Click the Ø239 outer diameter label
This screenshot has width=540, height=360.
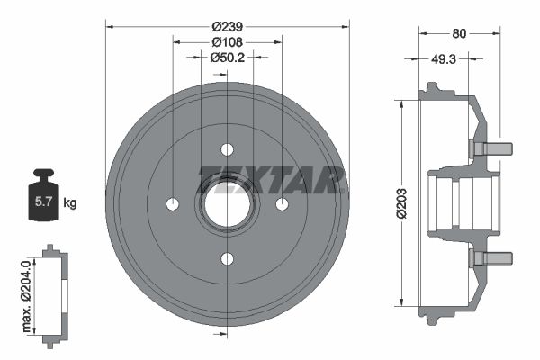[x=227, y=27]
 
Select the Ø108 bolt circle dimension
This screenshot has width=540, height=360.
[x=227, y=41]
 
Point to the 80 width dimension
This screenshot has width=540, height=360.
[x=460, y=35]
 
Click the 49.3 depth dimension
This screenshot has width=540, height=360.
[x=443, y=60]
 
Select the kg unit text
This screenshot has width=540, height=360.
[x=70, y=203]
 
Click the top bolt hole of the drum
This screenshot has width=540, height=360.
[x=227, y=148]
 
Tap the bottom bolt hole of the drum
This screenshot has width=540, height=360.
[x=227, y=259]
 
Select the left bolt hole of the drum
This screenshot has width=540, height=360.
[x=172, y=204]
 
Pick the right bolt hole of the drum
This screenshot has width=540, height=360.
[x=282, y=204]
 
